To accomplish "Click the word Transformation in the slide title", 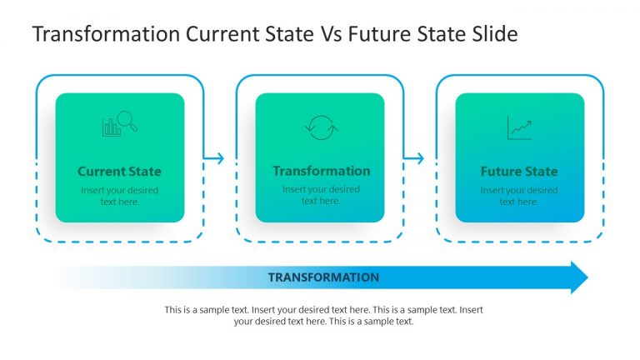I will click(x=105, y=34).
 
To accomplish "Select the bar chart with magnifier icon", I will click(x=119, y=124).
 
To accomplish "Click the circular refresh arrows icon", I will click(x=320, y=127).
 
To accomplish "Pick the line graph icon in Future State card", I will click(x=519, y=127).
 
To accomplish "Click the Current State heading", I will click(x=119, y=172).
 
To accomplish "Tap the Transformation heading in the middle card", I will click(x=321, y=171).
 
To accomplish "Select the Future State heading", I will click(x=519, y=172).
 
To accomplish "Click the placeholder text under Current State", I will click(x=119, y=196).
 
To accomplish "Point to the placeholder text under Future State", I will click(x=519, y=196).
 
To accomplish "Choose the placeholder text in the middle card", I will click(x=321, y=195).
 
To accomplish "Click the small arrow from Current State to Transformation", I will click(x=216, y=158).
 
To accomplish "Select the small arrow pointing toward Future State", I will click(x=416, y=158).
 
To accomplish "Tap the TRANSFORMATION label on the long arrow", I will click(x=323, y=277).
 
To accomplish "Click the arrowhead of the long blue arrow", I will click(x=578, y=277).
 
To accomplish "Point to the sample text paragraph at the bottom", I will click(x=323, y=315).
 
